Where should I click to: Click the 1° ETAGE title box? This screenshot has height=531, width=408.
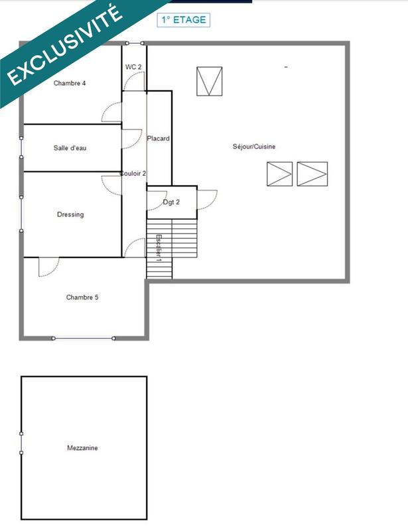[183, 20]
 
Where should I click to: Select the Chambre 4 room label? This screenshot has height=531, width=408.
[70, 84]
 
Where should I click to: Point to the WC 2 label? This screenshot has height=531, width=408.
[133, 67]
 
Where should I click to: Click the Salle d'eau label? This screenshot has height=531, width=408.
[70, 148]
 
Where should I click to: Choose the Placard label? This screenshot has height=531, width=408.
[159, 139]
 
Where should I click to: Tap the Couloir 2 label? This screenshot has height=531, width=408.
[133, 173]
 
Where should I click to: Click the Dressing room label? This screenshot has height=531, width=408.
[70, 215]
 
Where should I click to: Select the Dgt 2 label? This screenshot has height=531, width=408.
[171, 202]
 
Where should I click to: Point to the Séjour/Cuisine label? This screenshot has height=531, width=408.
[254, 147]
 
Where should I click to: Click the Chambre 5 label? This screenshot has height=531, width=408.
[82, 297]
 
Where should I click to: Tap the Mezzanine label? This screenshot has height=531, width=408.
[82, 448]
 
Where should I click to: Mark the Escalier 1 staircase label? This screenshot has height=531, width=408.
[159, 247]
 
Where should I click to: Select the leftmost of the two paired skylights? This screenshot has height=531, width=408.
[279, 174]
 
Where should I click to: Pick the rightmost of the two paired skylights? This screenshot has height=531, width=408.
[312, 174]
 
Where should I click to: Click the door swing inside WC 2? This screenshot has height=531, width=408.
[135, 82]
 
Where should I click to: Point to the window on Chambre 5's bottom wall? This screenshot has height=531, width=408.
[82, 339]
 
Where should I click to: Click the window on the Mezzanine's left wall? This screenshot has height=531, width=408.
[22, 443]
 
